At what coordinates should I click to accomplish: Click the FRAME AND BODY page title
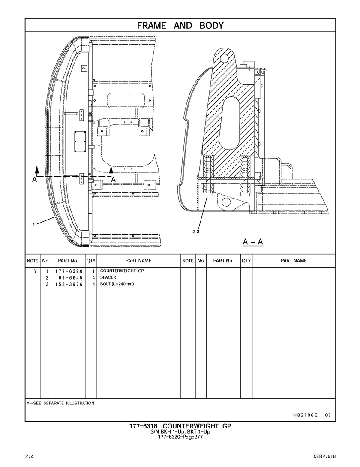(x=180, y=26)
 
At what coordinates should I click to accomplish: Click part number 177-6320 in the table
(x=69, y=271)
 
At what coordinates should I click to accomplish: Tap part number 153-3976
(x=69, y=284)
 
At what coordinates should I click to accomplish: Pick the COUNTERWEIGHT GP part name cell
(x=122, y=271)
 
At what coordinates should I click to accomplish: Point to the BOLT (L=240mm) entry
(x=117, y=284)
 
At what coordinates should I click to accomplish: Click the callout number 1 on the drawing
(x=34, y=224)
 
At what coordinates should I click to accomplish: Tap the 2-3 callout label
(x=195, y=232)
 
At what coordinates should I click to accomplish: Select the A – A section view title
(x=253, y=242)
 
